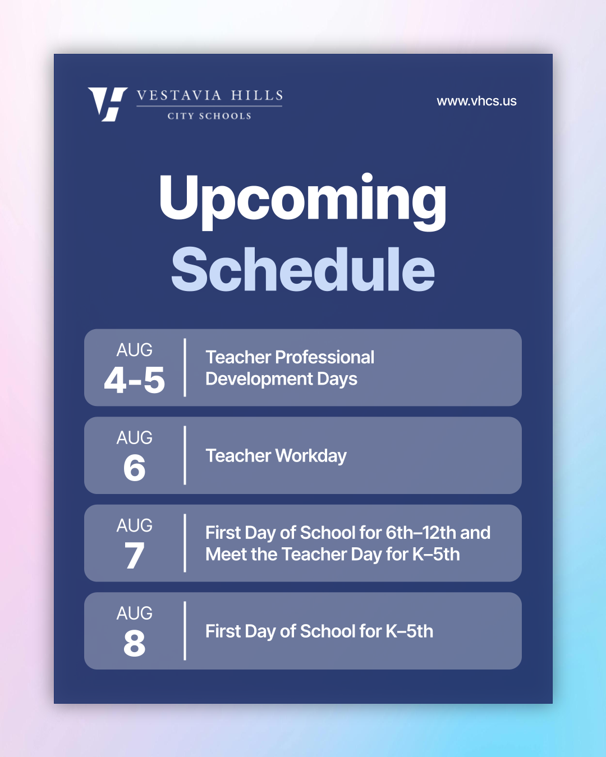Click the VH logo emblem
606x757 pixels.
click(108, 104)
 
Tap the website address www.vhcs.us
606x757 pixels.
click(476, 101)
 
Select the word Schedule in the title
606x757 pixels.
click(303, 270)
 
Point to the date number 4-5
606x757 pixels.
click(135, 380)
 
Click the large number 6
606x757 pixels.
click(135, 468)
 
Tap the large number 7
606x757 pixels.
click(135, 556)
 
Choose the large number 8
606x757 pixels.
click(135, 643)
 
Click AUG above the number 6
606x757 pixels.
click(135, 437)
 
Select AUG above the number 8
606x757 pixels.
click(135, 613)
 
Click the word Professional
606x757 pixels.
click(325, 357)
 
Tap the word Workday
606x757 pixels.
click(311, 456)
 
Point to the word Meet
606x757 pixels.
click(226, 555)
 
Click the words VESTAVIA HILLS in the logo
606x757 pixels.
click(210, 95)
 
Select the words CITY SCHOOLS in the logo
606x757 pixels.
click(209, 116)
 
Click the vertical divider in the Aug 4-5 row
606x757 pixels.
click(185, 368)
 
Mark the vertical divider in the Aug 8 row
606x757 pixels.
click(185, 631)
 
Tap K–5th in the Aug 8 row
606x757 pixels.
click(410, 631)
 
